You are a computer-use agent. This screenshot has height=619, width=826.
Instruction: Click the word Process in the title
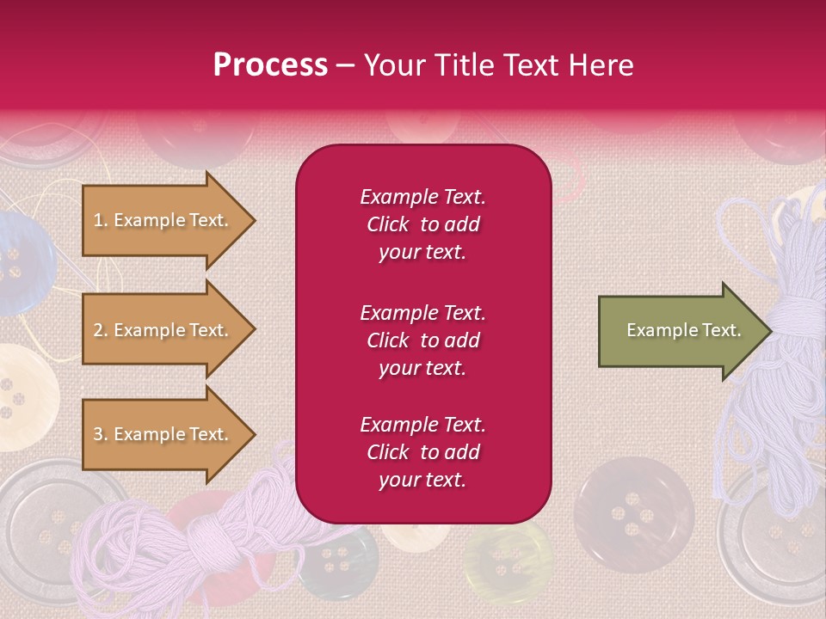(270, 64)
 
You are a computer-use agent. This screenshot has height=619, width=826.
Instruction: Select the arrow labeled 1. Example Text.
(163, 220)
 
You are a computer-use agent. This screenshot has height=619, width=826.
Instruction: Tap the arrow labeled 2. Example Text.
(163, 330)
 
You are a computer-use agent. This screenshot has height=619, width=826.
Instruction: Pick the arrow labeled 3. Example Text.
(163, 434)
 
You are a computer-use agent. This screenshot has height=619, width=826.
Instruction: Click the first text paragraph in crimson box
(422, 224)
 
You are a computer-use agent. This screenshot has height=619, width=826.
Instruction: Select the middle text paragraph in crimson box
(422, 340)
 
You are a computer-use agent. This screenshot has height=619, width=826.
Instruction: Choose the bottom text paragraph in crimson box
(422, 452)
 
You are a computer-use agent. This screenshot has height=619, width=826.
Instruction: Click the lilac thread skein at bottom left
(172, 550)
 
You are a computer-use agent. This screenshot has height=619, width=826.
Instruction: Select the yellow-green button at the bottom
(508, 563)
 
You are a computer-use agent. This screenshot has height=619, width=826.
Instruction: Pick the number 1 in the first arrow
(97, 220)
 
